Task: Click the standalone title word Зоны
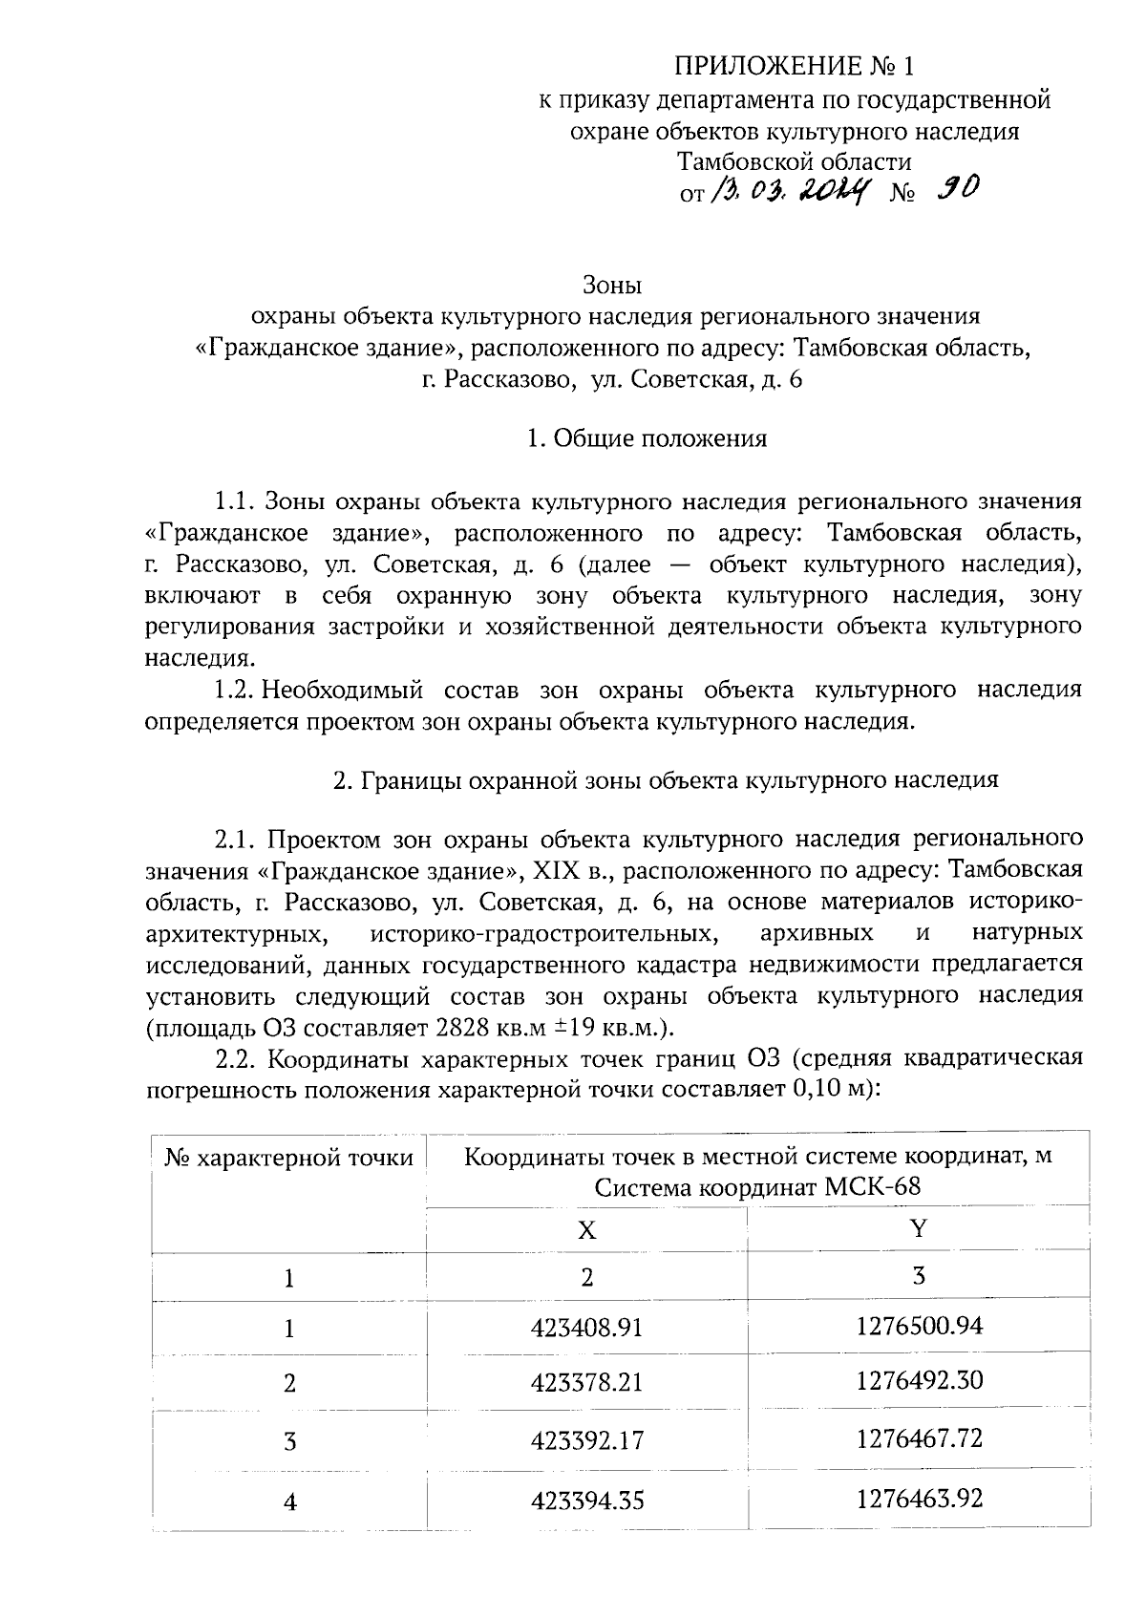pos(612,285)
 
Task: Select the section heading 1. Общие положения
pos(647,438)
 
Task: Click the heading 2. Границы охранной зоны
pos(666,779)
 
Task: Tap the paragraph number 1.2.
pos(235,690)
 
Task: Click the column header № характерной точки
pos(289,1159)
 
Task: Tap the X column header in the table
pos(586,1230)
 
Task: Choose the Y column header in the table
pos(919,1228)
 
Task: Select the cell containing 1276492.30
pos(919,1381)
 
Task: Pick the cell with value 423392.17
pos(587,1440)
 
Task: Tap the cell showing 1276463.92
pos(919,1498)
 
